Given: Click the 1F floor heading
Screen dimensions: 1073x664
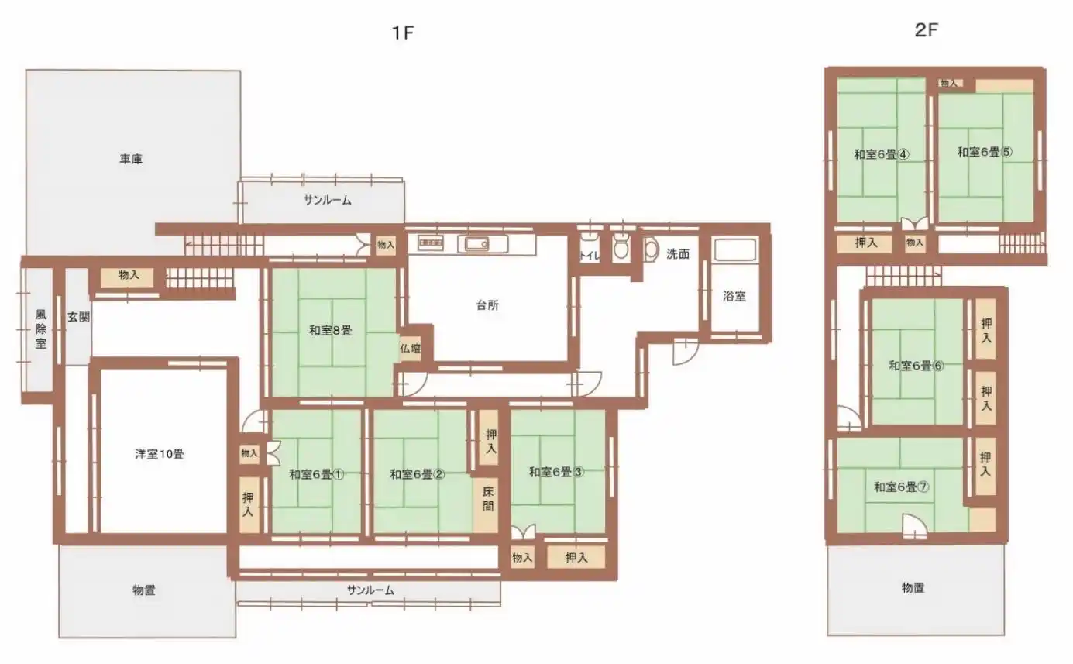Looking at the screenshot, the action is click(402, 33).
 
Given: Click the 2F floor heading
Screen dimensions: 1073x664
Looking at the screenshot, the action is click(926, 30).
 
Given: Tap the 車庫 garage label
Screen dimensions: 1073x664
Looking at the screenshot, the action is click(131, 159).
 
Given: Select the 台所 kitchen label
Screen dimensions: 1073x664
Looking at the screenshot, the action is click(487, 305).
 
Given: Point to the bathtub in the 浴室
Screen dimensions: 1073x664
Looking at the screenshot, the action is click(734, 249).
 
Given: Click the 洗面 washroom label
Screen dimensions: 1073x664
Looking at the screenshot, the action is click(678, 254).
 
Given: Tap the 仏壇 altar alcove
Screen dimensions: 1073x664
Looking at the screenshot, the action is click(411, 349).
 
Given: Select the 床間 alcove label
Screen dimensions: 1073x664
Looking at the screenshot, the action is click(487, 499).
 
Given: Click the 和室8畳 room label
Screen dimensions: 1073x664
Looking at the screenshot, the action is click(331, 330).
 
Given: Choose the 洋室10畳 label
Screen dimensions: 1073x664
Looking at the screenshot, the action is click(160, 454).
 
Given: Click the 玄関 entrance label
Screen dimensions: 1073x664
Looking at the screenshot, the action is click(78, 317).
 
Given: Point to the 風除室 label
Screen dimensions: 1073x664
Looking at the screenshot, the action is click(41, 329).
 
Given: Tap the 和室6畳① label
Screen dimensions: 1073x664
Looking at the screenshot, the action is click(317, 474).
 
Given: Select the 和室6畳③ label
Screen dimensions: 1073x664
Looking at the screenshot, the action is click(556, 473).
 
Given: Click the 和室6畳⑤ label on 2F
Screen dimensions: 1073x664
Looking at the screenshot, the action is click(985, 152).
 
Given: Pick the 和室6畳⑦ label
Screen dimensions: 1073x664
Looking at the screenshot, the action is click(902, 487).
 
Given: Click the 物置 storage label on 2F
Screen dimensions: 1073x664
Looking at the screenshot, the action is click(913, 588).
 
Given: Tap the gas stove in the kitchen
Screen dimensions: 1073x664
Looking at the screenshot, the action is click(431, 243).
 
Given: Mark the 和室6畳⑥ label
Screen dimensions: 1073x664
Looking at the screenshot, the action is click(917, 366).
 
